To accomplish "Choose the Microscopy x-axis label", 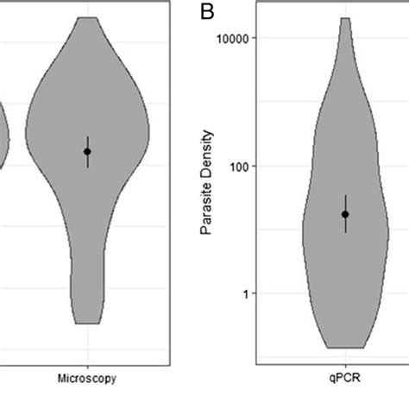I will point(87,378).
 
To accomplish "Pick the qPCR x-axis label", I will point(346,378).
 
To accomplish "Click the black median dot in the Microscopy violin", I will point(87,151).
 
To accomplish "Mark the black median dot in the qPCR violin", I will point(346,214).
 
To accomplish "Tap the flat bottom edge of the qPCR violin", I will point(346,347).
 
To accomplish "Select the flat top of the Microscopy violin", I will point(87,17).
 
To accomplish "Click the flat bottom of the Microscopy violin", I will point(87,324).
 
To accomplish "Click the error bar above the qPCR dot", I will point(346,202).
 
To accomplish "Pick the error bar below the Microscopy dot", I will point(87,161).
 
